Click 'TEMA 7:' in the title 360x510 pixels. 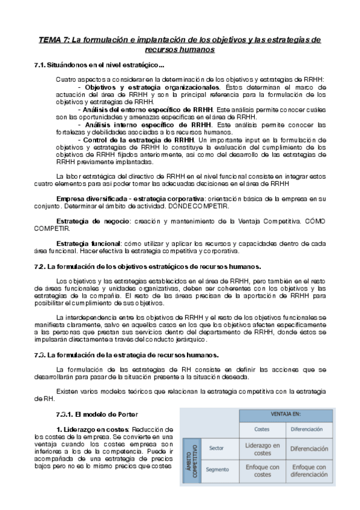(x=53, y=40)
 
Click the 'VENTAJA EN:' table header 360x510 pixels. (x=285, y=415)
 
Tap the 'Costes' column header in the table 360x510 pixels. (x=262, y=429)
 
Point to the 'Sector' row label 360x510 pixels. (x=216, y=448)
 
